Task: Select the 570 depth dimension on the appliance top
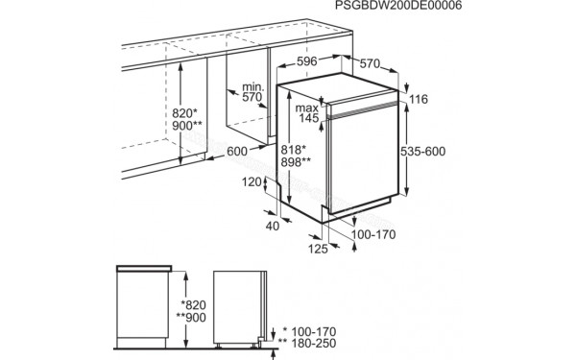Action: [x=371, y=62]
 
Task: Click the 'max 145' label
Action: [x=306, y=111]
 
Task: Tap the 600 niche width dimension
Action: [x=238, y=151]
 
